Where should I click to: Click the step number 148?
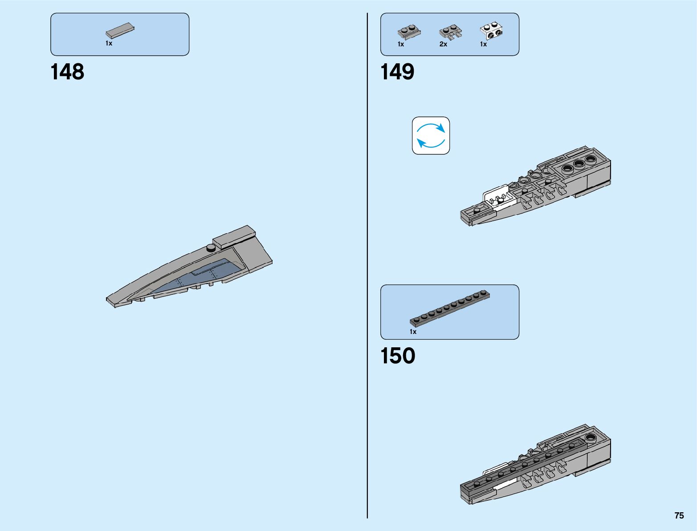(x=67, y=72)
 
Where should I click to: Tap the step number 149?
(x=397, y=72)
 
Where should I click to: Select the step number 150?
(x=397, y=356)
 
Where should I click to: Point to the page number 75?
(x=679, y=515)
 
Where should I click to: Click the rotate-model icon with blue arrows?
(x=431, y=136)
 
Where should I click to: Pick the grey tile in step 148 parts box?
(x=120, y=30)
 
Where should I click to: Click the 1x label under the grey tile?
(x=109, y=43)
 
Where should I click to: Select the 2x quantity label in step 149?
(x=443, y=44)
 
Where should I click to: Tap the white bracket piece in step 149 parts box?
(x=492, y=31)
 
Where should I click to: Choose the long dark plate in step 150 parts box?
(x=450, y=308)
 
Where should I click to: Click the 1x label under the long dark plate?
(x=413, y=332)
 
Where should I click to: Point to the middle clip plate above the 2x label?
(x=450, y=32)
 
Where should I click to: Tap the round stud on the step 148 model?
(x=211, y=247)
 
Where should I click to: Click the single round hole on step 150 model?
(x=591, y=437)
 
